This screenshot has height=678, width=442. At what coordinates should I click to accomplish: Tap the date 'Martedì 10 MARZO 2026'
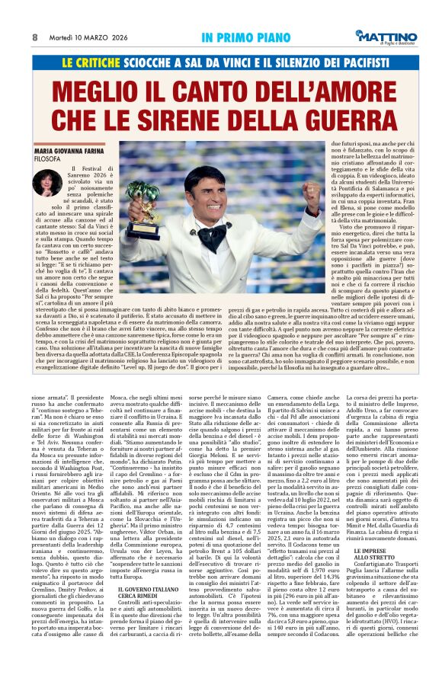(x=84, y=37)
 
